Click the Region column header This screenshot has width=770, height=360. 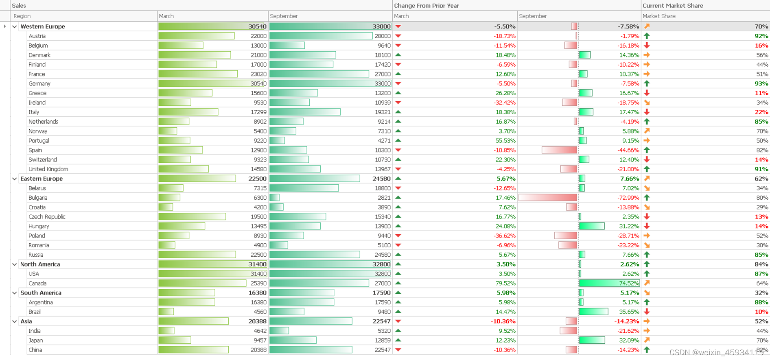pyautogui.click(x=22, y=16)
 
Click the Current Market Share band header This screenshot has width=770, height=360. pyautogui.click(x=672, y=6)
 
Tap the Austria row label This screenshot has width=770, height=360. pyautogui.click(x=37, y=36)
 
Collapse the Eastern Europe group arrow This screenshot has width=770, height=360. pyautogui.click(x=15, y=179)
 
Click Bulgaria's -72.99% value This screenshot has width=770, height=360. pyautogui.click(x=628, y=198)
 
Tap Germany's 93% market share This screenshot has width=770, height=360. pyautogui.click(x=761, y=84)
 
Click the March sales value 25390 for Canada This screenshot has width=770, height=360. pyautogui.click(x=258, y=284)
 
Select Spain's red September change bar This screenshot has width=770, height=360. pyautogui.click(x=559, y=150)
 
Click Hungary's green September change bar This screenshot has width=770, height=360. pyautogui.click(x=592, y=226)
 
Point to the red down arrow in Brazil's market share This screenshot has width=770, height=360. pyautogui.click(x=647, y=312)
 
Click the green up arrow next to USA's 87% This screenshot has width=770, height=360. pyautogui.click(x=647, y=274)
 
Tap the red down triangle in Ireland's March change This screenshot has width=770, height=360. pyautogui.click(x=398, y=103)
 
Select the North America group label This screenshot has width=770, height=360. pyautogui.click(x=40, y=264)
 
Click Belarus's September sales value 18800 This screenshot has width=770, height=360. pyautogui.click(x=382, y=188)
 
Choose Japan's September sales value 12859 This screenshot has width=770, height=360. pyautogui.click(x=382, y=340)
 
